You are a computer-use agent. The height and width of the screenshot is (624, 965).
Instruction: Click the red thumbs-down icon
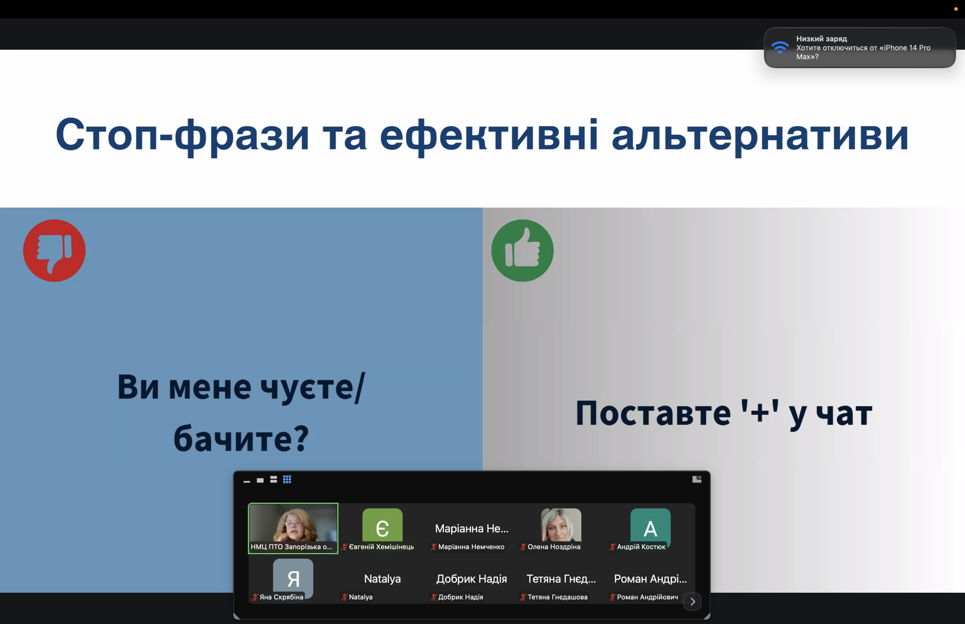pyautogui.click(x=54, y=250)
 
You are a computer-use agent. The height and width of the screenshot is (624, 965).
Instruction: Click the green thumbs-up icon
pyautogui.click(x=522, y=250)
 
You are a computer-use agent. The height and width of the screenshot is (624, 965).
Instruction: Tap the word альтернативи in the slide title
pyautogui.click(x=760, y=135)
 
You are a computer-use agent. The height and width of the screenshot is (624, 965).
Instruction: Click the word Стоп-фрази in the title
pyautogui.click(x=182, y=135)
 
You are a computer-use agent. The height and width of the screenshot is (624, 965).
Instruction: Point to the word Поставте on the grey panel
pyautogui.click(x=653, y=413)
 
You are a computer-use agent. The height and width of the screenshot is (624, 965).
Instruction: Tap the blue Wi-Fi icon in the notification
pyautogui.click(x=780, y=48)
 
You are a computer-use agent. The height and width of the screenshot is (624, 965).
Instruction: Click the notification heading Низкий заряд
pyautogui.click(x=822, y=38)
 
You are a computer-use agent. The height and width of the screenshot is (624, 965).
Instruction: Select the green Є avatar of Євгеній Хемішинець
pyautogui.click(x=382, y=525)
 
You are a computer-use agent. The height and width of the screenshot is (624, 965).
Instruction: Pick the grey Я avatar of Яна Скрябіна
pyautogui.click(x=293, y=577)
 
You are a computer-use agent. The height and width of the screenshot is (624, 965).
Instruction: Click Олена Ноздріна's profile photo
pyautogui.click(x=561, y=525)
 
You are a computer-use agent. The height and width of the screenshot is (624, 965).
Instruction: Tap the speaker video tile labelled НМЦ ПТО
pyautogui.click(x=293, y=528)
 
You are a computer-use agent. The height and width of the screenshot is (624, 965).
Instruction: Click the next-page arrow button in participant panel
pyautogui.click(x=692, y=601)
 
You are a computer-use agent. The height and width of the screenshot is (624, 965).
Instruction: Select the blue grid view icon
pyautogui.click(x=287, y=479)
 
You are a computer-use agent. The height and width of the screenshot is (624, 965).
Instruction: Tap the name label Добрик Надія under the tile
pyautogui.click(x=461, y=597)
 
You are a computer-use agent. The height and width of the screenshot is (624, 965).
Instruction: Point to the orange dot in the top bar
pyautogui.click(x=956, y=9)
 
